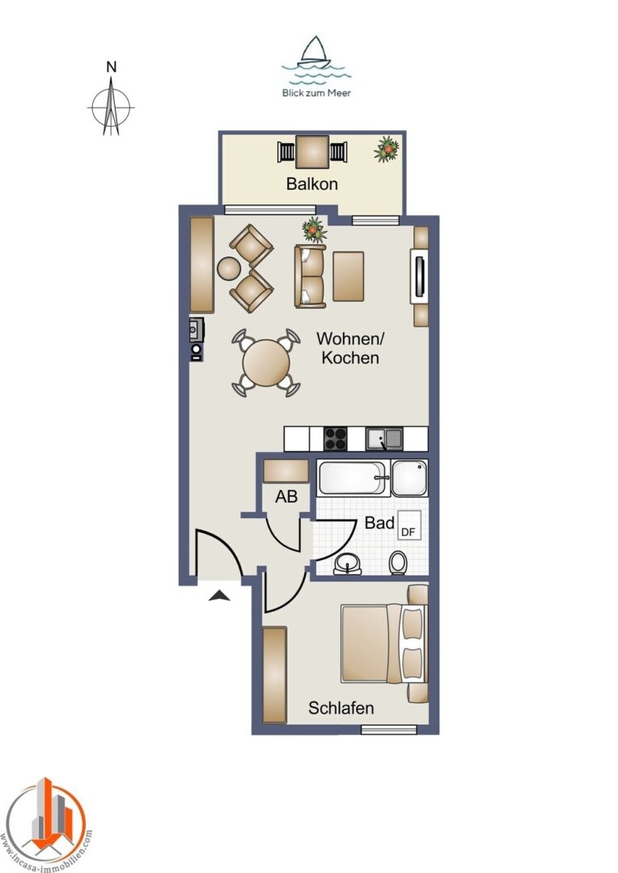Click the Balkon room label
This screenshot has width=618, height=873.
point(311,183)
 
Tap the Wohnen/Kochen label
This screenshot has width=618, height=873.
point(350,348)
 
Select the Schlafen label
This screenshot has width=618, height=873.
point(341,708)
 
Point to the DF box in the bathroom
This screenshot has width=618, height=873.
point(408,525)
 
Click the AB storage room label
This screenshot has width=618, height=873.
point(286,496)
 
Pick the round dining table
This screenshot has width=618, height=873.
point(266,362)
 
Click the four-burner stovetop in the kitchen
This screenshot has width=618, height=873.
point(336,439)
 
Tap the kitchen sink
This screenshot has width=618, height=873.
point(384,439)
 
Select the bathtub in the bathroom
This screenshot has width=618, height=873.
point(352,478)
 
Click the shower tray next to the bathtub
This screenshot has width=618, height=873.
point(409,478)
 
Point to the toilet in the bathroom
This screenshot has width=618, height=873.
point(398,563)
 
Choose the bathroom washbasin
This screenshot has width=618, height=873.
point(348,563)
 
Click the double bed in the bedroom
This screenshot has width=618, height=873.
point(383,644)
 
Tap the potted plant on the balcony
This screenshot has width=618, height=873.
point(386,150)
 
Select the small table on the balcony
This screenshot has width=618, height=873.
point(312,152)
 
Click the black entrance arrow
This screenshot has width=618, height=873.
point(220,596)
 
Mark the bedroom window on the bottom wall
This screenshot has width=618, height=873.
point(389,729)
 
